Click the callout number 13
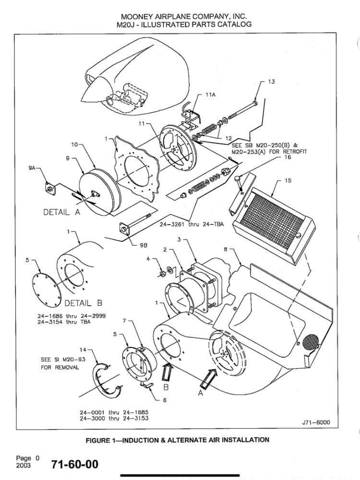click(x=272, y=82)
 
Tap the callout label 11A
click(x=210, y=95)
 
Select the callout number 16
click(x=288, y=157)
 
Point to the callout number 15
click(x=288, y=180)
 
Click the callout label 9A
click(x=32, y=168)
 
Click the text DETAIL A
click(x=62, y=212)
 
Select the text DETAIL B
click(x=83, y=303)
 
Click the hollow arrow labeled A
click(x=209, y=377)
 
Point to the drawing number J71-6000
click(x=316, y=422)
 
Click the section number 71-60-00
click(x=75, y=464)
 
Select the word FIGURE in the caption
click(x=97, y=440)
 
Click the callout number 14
click(x=83, y=349)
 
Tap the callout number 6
click(x=165, y=400)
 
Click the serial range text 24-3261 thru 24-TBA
click(x=192, y=224)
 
